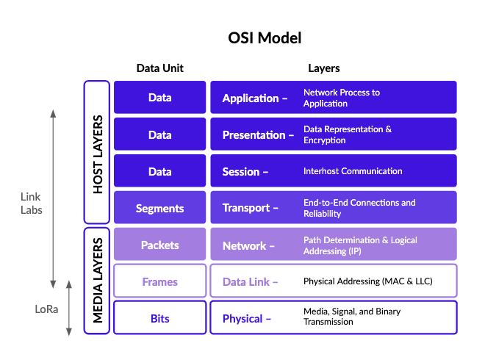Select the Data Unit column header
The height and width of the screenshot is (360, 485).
point(159,68)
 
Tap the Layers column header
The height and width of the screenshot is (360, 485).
point(323,68)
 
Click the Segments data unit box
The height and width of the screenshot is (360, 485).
point(159,208)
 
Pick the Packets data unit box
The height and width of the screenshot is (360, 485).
point(159,245)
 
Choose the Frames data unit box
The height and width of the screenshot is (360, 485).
point(159,281)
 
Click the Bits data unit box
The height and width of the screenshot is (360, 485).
point(159,318)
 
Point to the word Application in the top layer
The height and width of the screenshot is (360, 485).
point(251,98)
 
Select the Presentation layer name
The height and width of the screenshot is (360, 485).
point(254,135)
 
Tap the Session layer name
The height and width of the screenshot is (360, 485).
point(241,172)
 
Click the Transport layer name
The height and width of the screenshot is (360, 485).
point(245,208)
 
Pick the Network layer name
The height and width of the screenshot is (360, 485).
point(244,245)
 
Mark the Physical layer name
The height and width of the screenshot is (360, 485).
point(242,318)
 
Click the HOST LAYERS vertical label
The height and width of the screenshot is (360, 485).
point(98,153)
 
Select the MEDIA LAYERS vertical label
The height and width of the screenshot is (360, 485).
point(98,281)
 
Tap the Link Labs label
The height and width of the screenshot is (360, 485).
point(31,203)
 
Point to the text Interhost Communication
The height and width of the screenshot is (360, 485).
point(353,171)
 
